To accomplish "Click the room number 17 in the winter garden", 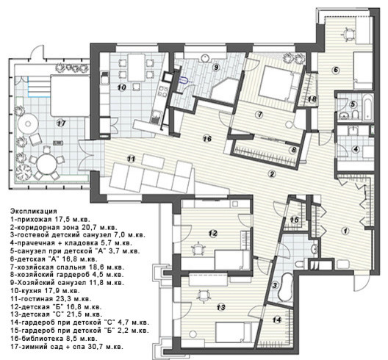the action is pos(61,123).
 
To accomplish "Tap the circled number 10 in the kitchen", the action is pos(121,87).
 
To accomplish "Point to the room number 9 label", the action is pos(216,67).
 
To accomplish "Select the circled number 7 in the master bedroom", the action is pos(259,115).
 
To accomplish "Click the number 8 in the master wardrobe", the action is pos(294,150).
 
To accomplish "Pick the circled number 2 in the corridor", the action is pos(272,174).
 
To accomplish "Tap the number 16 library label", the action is pos(207,139).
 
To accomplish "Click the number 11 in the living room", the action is pos(132,159).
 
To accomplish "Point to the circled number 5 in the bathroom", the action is pos(353,104).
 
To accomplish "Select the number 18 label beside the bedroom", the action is pos(312,99).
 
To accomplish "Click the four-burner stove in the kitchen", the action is pos(162,90).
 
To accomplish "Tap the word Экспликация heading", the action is pos(34,211).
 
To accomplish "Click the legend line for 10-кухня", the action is pos(45,290).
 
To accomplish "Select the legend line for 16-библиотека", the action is pos(54,338).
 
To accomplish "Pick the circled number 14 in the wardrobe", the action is pos(277,320).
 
